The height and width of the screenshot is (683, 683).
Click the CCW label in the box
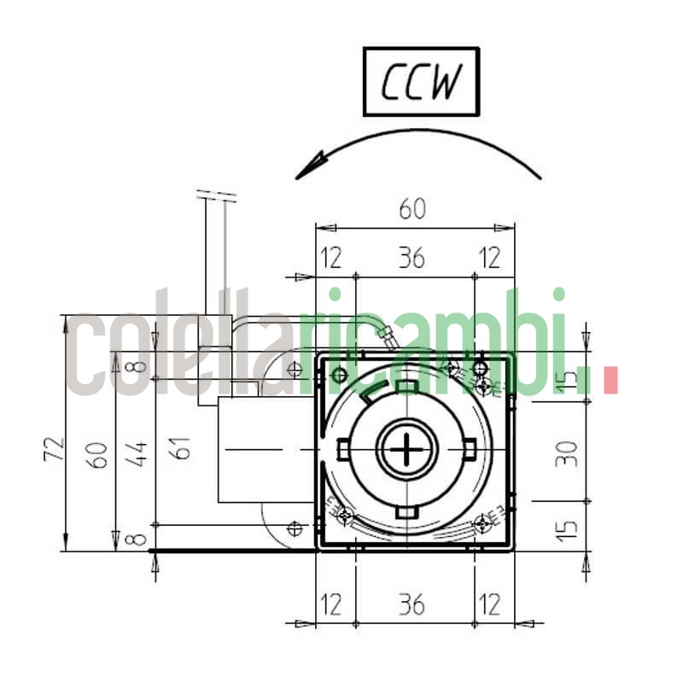pos(421,82)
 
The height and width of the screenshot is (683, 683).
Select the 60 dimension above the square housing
pos(413,207)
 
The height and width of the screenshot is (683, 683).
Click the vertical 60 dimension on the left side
pos(99,454)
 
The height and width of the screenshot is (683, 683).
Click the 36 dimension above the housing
pos(412,258)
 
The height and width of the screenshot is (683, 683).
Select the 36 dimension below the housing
pos(412,604)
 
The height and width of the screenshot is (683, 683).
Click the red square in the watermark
pos(610,381)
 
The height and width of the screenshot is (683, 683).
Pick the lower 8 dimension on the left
pos(140,539)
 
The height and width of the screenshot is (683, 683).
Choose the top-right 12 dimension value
pos(490,258)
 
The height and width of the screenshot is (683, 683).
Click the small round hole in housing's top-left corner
pos(339,375)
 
